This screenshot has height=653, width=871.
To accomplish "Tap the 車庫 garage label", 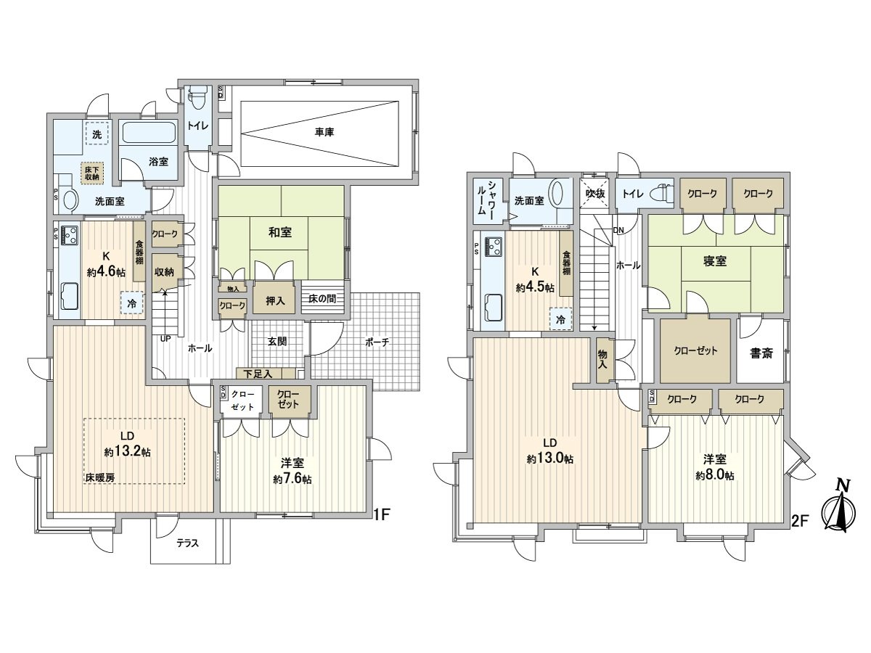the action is pyautogui.click(x=324, y=133).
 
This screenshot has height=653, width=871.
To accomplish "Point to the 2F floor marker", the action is pyautogui.click(x=800, y=521).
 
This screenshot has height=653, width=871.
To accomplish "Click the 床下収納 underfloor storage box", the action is pyautogui.click(x=92, y=173).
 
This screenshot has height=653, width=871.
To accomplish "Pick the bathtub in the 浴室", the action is pyautogui.click(x=149, y=133).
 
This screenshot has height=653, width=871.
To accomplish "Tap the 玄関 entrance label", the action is pyautogui.click(x=277, y=341).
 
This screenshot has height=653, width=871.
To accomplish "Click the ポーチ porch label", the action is pyautogui.click(x=377, y=342).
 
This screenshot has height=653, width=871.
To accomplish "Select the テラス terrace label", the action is pyautogui.click(x=187, y=543).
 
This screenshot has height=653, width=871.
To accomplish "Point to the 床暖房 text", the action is pyautogui.click(x=100, y=477).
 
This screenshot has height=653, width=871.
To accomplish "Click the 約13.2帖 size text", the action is pyautogui.click(x=127, y=452).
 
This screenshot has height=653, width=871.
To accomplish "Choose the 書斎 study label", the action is pyautogui.click(x=761, y=353).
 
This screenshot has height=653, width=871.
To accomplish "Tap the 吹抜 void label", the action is pyautogui.click(x=595, y=194).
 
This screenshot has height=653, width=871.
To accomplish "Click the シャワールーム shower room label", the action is pyautogui.click(x=486, y=197).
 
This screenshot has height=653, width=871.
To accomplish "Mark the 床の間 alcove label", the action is pyautogui.click(x=322, y=298).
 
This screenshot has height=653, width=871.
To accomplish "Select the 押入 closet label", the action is pyautogui.click(x=275, y=301).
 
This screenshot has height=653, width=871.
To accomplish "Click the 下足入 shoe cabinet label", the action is pyautogui.click(x=258, y=374).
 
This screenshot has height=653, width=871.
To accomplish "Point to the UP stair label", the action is pyautogui.click(x=165, y=339).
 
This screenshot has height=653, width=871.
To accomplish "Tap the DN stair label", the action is pyautogui.click(x=618, y=230).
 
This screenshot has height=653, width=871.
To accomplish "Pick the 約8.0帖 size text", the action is pyautogui.click(x=715, y=476).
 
